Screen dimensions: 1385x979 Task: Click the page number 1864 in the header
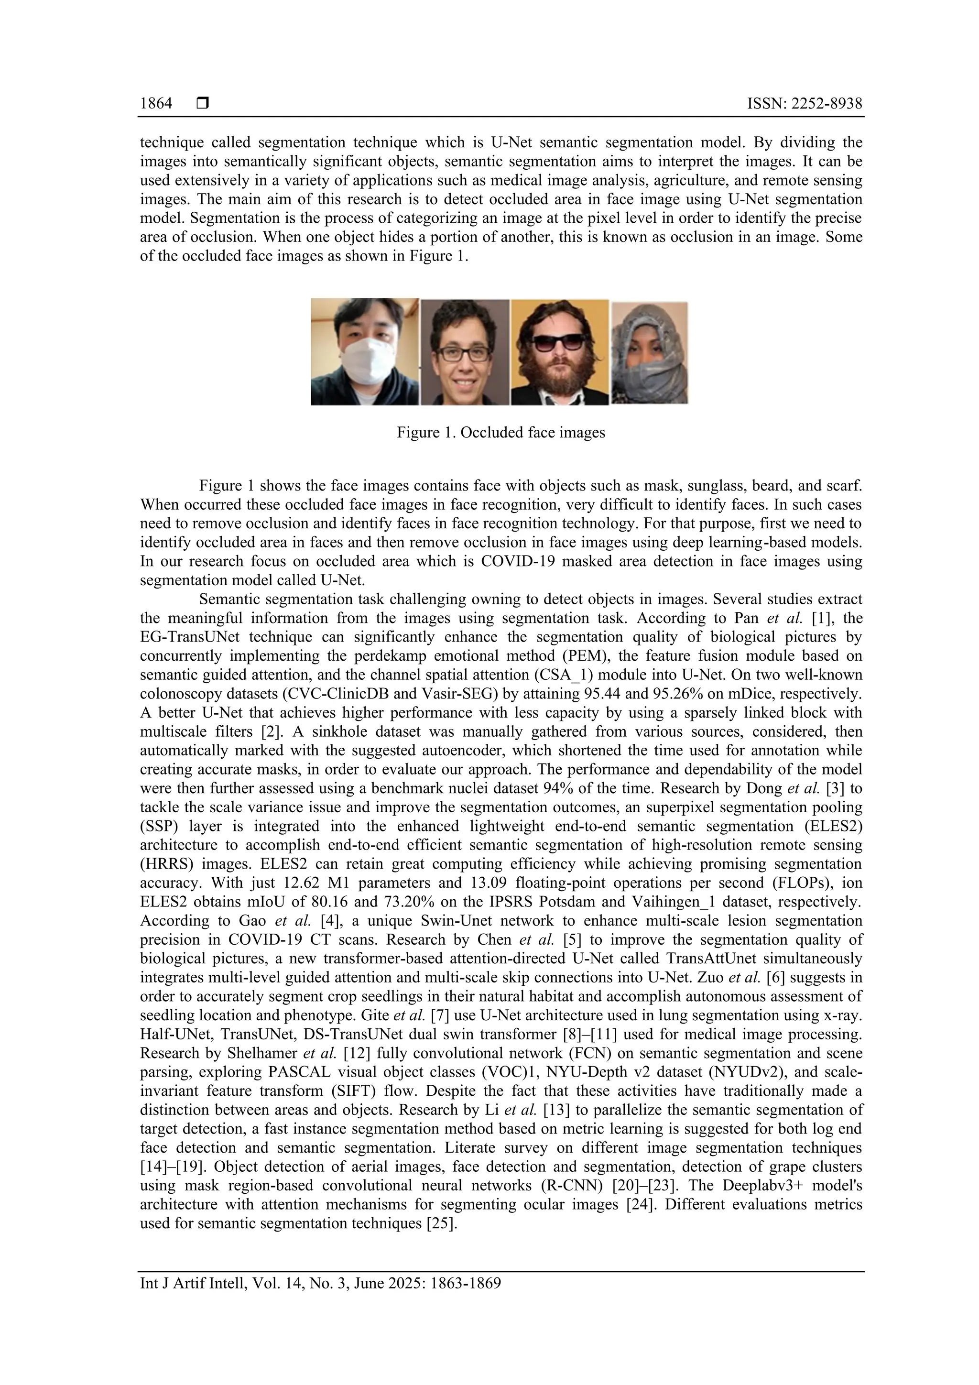156,104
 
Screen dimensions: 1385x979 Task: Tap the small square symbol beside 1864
203,104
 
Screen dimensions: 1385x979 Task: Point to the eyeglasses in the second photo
464,353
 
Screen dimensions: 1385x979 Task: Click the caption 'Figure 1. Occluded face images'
500,433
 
